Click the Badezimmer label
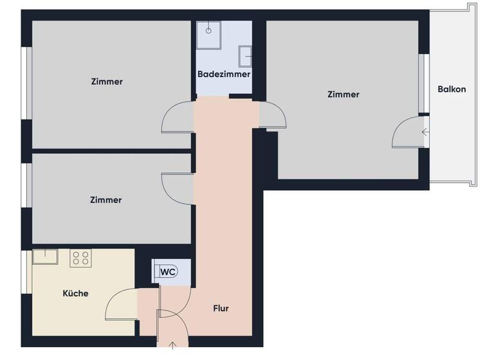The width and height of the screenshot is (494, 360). point(223,75)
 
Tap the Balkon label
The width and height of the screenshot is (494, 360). point(452,89)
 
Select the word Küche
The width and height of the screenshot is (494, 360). point(75,293)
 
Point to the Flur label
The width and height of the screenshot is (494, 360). point(221,308)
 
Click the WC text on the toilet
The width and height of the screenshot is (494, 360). point(168,272)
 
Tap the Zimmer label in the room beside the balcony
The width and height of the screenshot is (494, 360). point(343,94)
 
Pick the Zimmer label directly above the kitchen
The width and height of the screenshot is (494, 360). point(106,200)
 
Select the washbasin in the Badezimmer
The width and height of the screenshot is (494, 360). point(245,56)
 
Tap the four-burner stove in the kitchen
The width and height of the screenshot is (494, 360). point(81,258)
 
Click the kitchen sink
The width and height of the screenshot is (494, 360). point(45,257)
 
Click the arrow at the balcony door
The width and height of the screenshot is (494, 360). point(425,133)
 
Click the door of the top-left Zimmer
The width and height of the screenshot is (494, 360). point(176,118)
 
